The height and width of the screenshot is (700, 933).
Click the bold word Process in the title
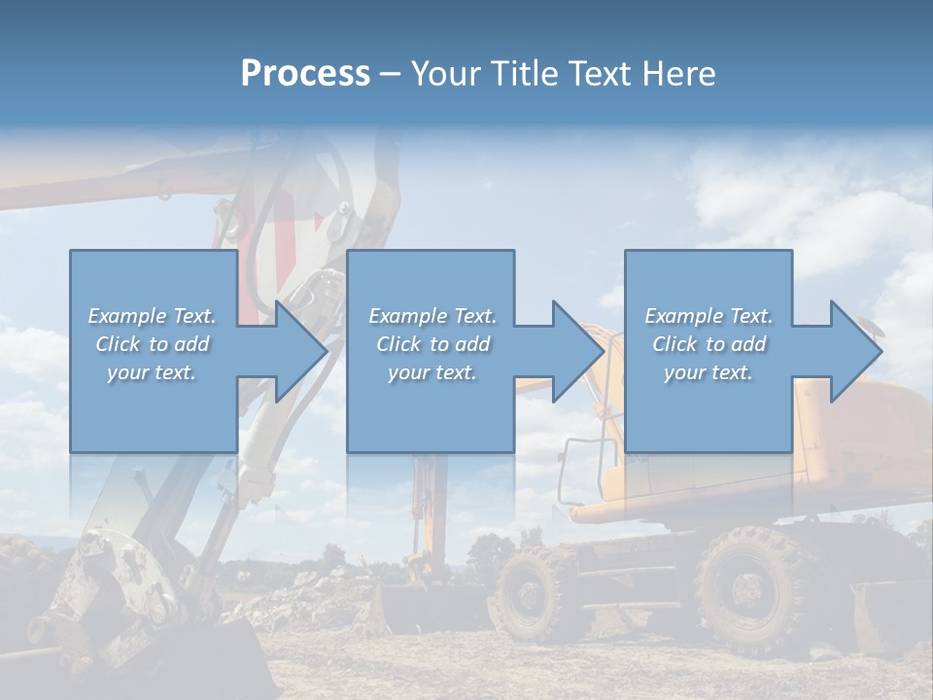305,74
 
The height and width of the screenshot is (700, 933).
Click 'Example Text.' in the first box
152,316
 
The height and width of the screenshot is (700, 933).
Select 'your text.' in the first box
152,372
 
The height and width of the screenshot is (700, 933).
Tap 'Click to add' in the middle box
432,344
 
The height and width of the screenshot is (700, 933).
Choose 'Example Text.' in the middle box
432,316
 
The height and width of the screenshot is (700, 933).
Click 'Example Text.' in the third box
708,316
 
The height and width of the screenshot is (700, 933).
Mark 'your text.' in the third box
708,372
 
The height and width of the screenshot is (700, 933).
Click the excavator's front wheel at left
532,590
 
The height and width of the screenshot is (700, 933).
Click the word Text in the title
598,74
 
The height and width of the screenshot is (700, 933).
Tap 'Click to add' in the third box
708,344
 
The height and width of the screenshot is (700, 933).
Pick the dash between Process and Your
391,74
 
